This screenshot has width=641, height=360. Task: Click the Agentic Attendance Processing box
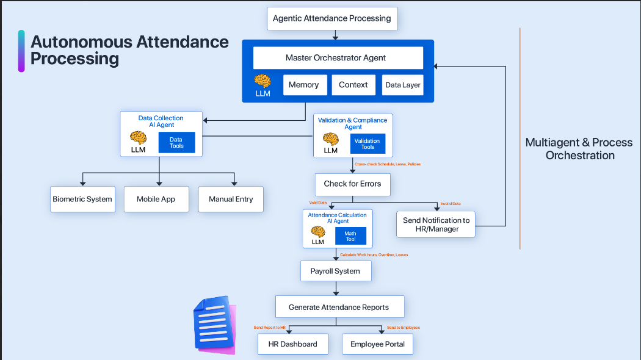(x=332, y=18)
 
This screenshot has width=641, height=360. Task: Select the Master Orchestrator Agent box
(x=338, y=58)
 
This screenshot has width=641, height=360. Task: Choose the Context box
(x=353, y=85)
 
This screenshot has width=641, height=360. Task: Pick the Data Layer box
(x=402, y=85)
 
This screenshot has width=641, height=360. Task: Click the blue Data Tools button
(x=176, y=143)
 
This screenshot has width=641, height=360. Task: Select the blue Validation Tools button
(x=368, y=144)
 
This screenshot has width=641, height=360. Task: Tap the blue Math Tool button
(x=350, y=236)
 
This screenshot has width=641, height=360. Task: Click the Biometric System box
(x=82, y=199)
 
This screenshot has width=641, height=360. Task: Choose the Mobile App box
(x=156, y=199)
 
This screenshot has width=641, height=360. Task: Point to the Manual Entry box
(x=231, y=199)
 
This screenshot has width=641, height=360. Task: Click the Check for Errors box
(x=352, y=184)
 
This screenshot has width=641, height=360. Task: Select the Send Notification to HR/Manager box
(x=436, y=225)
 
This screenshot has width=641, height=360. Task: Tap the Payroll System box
(x=335, y=271)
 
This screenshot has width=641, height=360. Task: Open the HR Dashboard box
(x=293, y=344)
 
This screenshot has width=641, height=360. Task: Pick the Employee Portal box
(x=377, y=344)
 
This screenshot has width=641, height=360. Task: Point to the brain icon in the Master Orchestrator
(x=263, y=81)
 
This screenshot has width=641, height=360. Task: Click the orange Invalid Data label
(x=451, y=204)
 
